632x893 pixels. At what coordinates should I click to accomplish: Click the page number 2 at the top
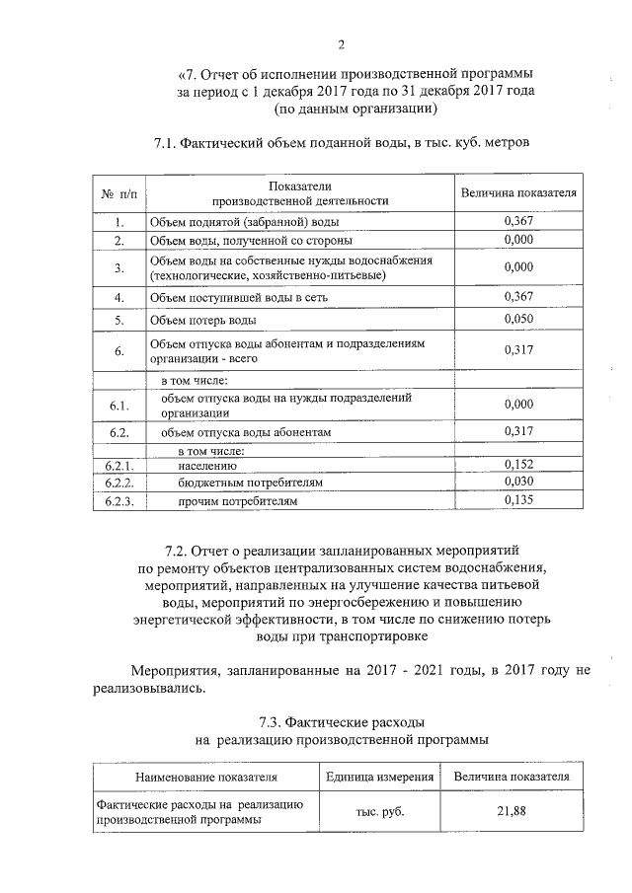[341, 43]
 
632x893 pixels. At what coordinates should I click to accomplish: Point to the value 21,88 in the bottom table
[511, 811]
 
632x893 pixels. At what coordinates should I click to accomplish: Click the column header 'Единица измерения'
[380, 778]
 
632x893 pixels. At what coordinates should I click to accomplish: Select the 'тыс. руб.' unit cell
[380, 811]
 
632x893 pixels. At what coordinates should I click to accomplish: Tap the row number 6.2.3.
[118, 501]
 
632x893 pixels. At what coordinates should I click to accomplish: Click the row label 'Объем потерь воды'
[202, 321]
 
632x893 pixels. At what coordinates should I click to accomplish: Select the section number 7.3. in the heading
[273, 721]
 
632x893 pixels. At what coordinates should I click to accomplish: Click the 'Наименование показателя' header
[206, 778]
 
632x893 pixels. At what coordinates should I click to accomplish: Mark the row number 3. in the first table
[118, 267]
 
